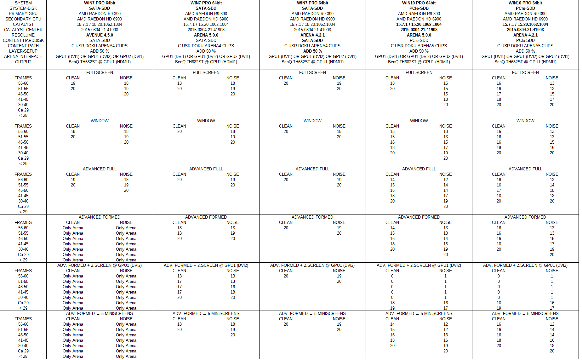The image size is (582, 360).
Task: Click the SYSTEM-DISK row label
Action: point(23,8)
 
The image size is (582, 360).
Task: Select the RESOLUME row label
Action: point(23,35)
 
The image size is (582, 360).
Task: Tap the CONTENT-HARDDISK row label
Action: point(23,40)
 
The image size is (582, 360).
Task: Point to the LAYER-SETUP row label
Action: point(23,51)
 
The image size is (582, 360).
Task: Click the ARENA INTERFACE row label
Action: point(23,56)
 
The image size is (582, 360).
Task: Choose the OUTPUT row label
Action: point(23,62)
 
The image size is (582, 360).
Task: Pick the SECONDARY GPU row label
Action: point(23,19)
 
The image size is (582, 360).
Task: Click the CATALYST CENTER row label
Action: point(23,30)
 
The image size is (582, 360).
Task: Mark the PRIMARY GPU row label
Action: point(23,14)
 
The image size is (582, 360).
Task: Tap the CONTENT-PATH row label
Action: point(23,46)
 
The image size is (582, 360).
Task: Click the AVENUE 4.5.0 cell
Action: point(100,35)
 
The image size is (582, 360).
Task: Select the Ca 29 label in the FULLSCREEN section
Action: point(23,110)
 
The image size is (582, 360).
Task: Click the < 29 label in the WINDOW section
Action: point(23,163)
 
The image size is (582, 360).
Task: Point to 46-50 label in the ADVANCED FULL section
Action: point(23,190)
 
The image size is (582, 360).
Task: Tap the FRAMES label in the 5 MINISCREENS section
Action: point(23,319)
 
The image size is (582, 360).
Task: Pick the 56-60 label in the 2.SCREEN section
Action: point(23,276)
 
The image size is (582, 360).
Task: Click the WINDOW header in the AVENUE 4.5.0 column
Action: point(100,121)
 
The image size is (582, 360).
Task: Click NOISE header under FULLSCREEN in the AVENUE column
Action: point(126,78)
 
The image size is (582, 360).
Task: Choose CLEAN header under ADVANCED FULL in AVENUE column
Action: point(73,174)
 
